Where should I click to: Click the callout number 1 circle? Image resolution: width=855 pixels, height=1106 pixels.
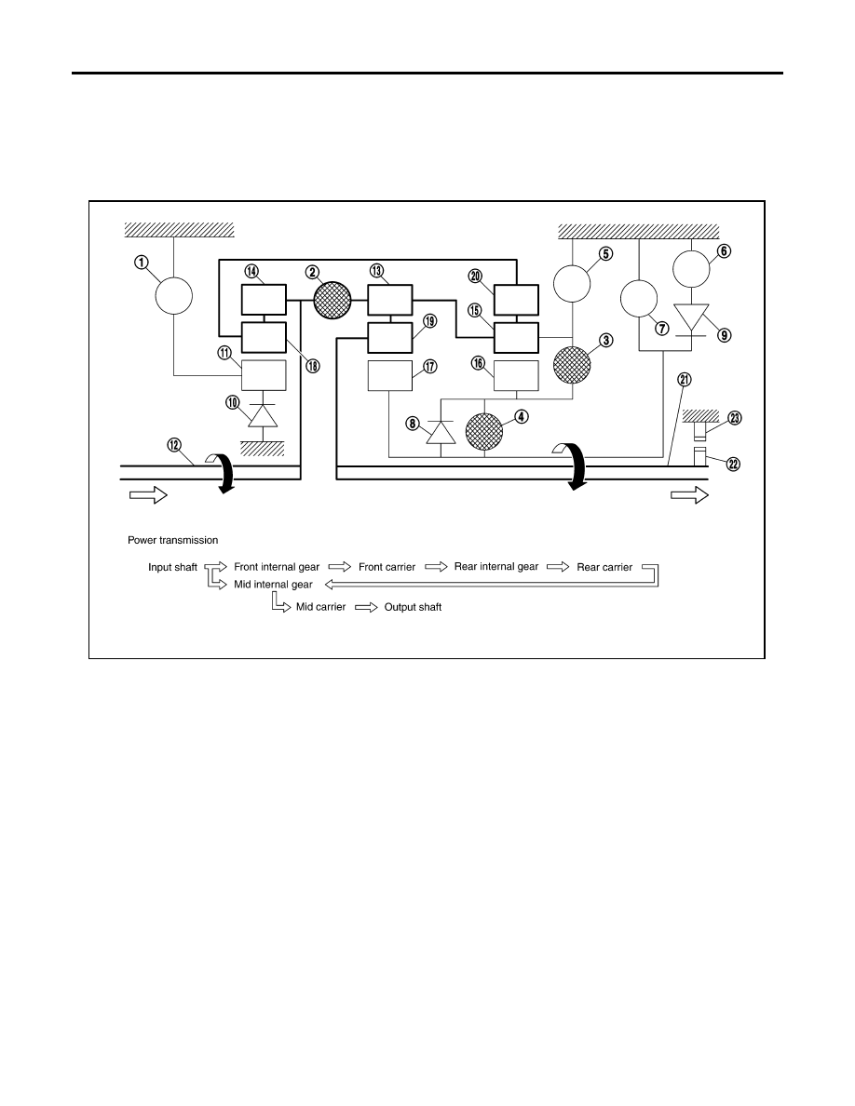tap(142, 263)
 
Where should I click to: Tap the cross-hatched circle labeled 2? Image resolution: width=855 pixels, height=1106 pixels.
tap(332, 300)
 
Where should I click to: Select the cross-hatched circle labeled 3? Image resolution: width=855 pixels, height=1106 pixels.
tap(572, 365)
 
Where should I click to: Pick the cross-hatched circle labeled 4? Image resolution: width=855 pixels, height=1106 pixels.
tap(484, 432)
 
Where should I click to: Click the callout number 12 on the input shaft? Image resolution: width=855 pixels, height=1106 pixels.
tap(174, 445)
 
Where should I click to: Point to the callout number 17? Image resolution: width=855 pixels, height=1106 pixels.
tap(429, 366)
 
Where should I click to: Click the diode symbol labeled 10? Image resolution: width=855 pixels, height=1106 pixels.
tap(263, 416)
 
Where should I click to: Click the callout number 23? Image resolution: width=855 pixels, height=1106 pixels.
tap(734, 418)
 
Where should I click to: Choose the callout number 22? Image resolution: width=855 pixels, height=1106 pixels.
tap(734, 465)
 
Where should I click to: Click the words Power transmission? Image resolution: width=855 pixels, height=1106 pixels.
tap(173, 540)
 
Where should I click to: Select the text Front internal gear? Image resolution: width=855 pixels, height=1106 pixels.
tap(277, 567)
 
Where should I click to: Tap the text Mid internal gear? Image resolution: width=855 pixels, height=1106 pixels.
tap(273, 585)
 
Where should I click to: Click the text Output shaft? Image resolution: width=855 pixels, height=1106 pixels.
tap(413, 607)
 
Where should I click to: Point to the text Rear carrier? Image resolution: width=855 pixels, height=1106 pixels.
tap(604, 567)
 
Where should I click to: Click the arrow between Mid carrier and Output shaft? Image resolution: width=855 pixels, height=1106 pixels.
tap(366, 607)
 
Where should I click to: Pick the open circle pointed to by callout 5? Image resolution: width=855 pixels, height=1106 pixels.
tap(572, 284)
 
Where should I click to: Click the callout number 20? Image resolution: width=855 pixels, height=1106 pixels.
tap(476, 276)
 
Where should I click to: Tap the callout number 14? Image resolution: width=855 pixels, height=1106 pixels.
tap(251, 271)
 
